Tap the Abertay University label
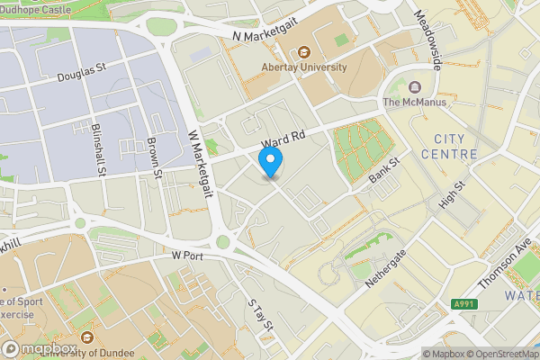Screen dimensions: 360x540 pyautogui.click(x=304, y=67)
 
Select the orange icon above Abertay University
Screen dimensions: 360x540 pyautogui.click(x=304, y=51)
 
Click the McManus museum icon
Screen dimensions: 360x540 pyautogui.click(x=415, y=87)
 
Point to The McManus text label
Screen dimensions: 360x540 pyautogui.click(x=415, y=103)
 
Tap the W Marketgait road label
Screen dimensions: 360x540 pyautogui.click(x=199, y=158)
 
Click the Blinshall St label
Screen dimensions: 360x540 pyautogui.click(x=100, y=148)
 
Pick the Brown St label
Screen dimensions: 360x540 pyautogui.click(x=155, y=158)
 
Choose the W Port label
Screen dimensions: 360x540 pyautogui.click(x=189, y=256)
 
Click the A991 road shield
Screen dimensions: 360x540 pyautogui.click(x=463, y=305)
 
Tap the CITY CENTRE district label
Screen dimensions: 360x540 pyautogui.click(x=455, y=147)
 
